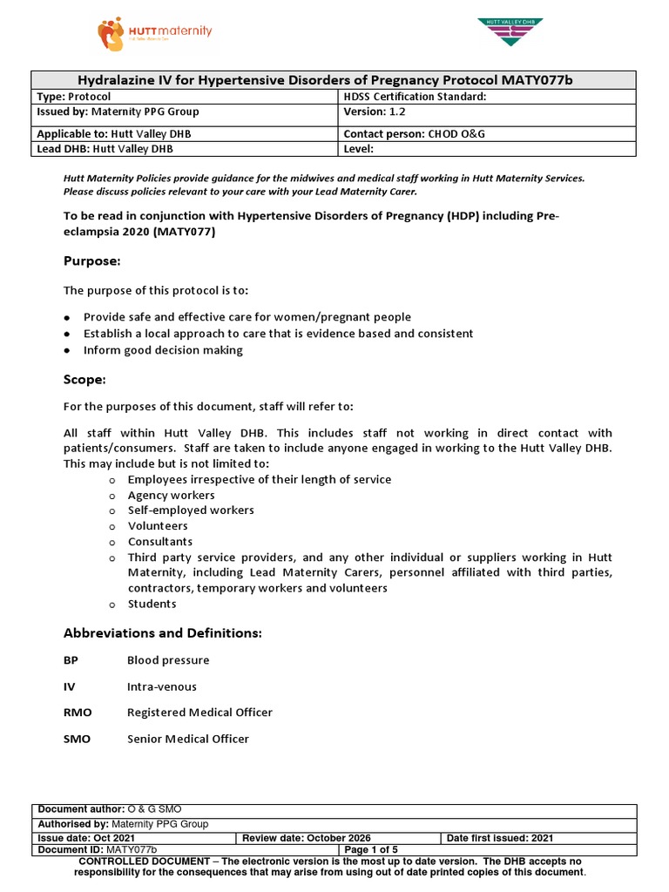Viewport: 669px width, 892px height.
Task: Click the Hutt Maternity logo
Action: click(x=154, y=34)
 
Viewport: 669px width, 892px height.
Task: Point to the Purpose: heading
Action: click(x=91, y=261)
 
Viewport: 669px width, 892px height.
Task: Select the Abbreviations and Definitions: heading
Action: click(x=163, y=632)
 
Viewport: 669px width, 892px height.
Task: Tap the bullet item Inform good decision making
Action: click(x=163, y=350)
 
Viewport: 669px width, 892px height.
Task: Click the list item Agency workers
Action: click(x=171, y=495)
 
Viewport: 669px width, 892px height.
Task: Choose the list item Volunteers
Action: click(x=158, y=526)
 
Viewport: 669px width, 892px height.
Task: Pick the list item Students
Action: click(x=152, y=604)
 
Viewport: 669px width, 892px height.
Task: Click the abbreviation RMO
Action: click(x=78, y=713)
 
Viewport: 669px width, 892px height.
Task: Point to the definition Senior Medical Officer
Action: click(x=188, y=739)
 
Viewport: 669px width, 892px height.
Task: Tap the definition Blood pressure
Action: click(x=168, y=660)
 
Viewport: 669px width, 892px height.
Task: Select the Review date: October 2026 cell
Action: click(x=301, y=838)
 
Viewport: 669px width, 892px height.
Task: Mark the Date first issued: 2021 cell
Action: click(x=500, y=838)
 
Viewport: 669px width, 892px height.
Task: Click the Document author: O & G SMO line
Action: click(x=109, y=809)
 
